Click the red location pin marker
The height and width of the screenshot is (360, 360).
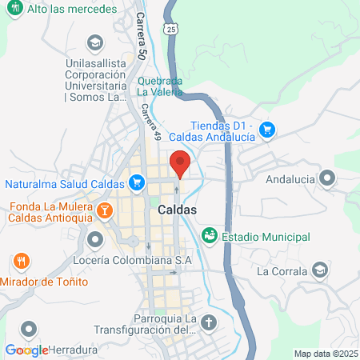click(x=181, y=163)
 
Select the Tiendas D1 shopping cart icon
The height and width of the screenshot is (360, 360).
click(x=267, y=129)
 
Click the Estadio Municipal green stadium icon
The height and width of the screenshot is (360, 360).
click(x=209, y=236)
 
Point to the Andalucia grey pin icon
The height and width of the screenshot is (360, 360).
click(x=326, y=178)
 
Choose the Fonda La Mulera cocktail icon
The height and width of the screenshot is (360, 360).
click(x=103, y=211)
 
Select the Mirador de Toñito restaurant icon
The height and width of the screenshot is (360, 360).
click(x=22, y=262)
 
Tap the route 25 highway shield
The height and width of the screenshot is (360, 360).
click(x=173, y=30)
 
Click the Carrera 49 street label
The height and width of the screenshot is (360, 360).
click(x=147, y=121)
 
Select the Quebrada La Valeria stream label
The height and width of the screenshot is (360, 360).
click(x=160, y=86)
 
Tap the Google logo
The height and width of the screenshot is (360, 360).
click(x=26, y=350)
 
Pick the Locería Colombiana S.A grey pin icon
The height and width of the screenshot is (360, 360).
click(x=95, y=239)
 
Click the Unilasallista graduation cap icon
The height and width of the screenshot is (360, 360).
click(x=95, y=42)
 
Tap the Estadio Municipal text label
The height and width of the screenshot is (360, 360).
click(x=266, y=237)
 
